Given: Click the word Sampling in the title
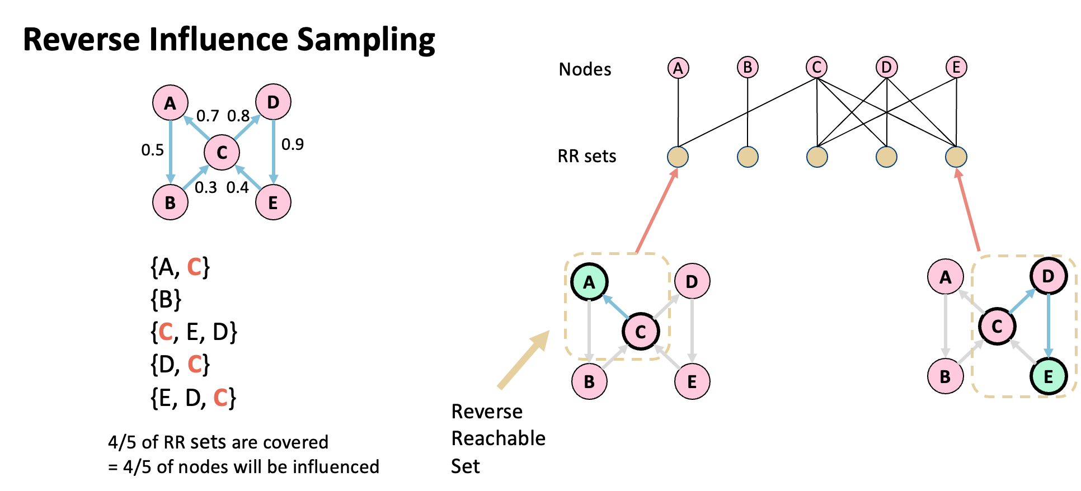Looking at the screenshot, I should click(x=366, y=40).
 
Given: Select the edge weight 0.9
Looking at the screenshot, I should click(x=293, y=145).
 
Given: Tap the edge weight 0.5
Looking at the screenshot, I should click(x=152, y=150).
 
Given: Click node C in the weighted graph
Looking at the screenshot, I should click(x=222, y=152).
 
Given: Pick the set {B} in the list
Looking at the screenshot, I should click(x=166, y=299).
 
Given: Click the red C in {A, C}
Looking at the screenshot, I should click(x=194, y=267).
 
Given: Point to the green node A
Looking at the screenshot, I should click(x=589, y=282).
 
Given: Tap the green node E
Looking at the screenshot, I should click(x=1048, y=376).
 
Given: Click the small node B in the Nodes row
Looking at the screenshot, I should click(x=748, y=68).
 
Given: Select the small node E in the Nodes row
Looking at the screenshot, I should click(x=956, y=68).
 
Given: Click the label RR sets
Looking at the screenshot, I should click(x=587, y=156).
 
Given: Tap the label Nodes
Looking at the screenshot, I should click(x=585, y=69).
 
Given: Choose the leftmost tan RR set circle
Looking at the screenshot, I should click(x=678, y=157).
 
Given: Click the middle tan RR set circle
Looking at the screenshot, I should click(x=817, y=157).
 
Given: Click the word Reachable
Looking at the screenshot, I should click(x=498, y=438).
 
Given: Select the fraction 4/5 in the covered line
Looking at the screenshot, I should click(x=122, y=442).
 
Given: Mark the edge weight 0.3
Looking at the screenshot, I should click(x=205, y=188).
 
